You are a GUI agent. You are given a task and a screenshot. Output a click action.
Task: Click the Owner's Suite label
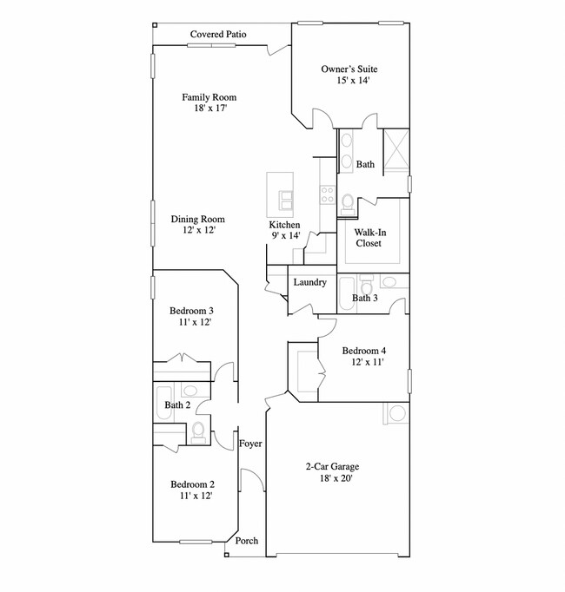[x=349, y=75]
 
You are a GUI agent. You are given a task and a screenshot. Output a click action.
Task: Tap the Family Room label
[x=209, y=103]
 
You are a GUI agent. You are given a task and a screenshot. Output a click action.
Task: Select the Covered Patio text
[x=219, y=35]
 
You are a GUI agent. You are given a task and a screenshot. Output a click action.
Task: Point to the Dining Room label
[x=198, y=225]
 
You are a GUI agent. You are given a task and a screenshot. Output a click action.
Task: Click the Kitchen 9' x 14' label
[x=284, y=230]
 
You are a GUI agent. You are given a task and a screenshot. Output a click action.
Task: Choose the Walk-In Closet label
[x=369, y=238]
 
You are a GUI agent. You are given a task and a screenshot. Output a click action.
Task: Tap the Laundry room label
[x=309, y=282]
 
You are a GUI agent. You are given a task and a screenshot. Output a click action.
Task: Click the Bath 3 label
[x=364, y=299]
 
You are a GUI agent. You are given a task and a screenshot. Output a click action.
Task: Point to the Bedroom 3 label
[x=191, y=316]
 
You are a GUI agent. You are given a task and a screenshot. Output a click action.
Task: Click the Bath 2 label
[x=177, y=405]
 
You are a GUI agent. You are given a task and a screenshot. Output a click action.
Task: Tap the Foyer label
[x=250, y=444]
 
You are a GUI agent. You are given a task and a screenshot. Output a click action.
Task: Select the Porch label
[x=247, y=541]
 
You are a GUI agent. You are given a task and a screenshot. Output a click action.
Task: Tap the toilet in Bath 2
[x=199, y=431]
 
